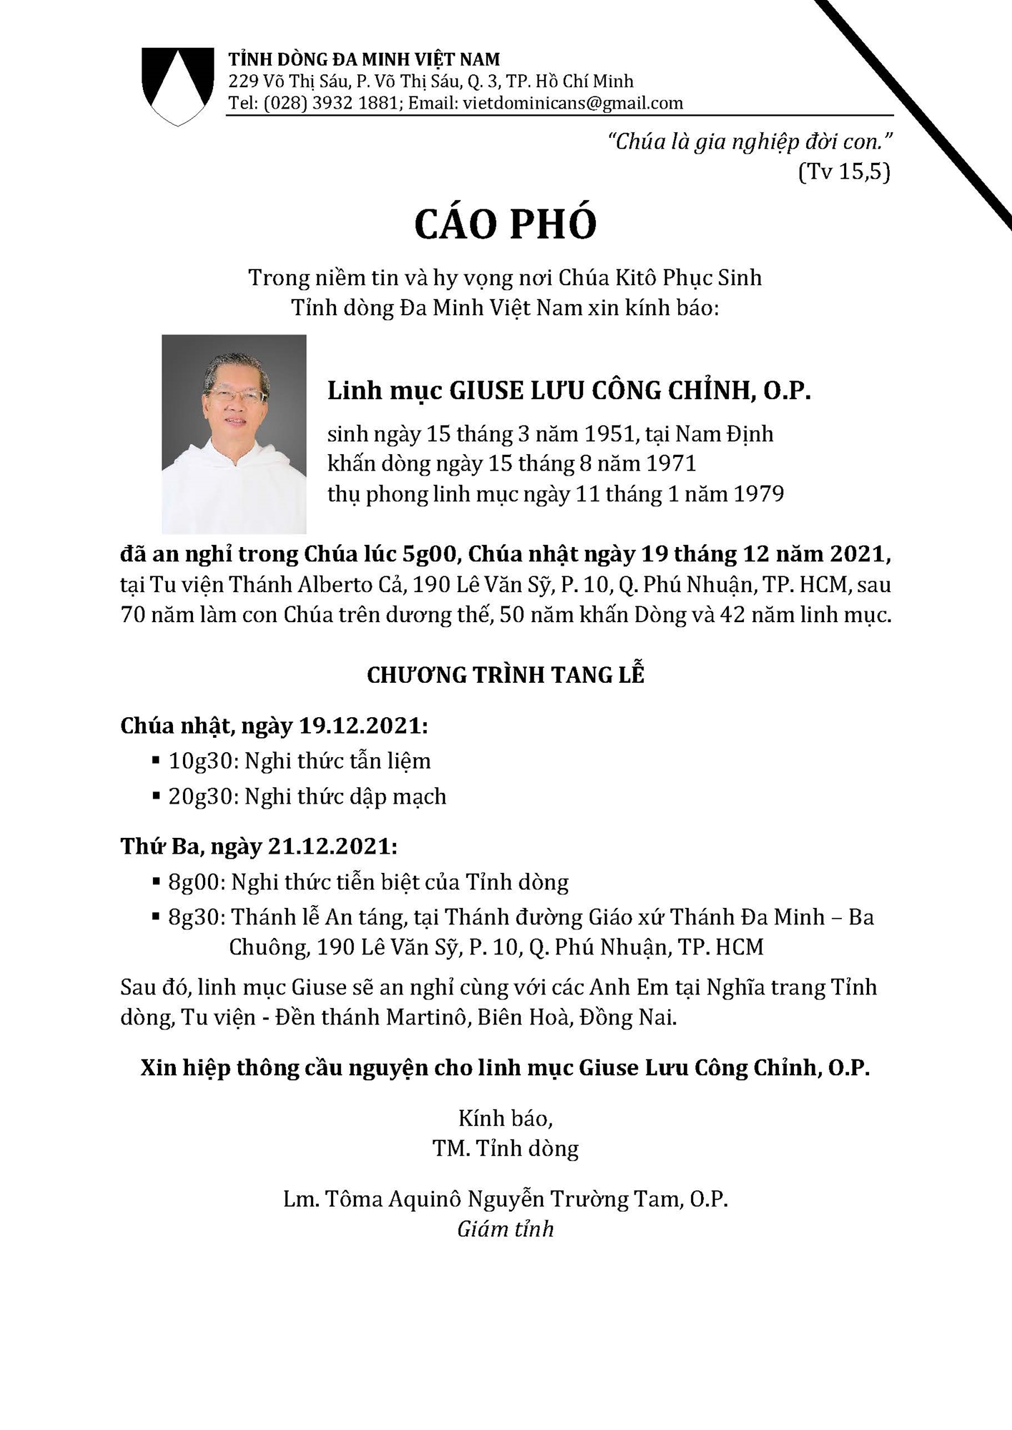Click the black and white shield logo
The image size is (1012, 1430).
pyautogui.click(x=177, y=84)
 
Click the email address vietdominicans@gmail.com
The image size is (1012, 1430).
pyautogui.click(x=572, y=103)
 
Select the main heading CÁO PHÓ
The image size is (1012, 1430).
pyautogui.click(x=505, y=224)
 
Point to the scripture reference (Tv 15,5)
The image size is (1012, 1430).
pyautogui.click(x=844, y=172)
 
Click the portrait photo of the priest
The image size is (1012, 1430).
pyautogui.click(x=234, y=434)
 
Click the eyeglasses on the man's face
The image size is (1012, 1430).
pyautogui.click(x=236, y=395)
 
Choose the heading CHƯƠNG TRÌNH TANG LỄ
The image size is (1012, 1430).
pyautogui.click(x=505, y=675)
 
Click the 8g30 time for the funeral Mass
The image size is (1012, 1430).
pyautogui.click(x=197, y=917)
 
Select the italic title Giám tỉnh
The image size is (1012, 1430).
pyautogui.click(x=505, y=1229)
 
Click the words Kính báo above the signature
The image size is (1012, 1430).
pyautogui.click(x=505, y=1118)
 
